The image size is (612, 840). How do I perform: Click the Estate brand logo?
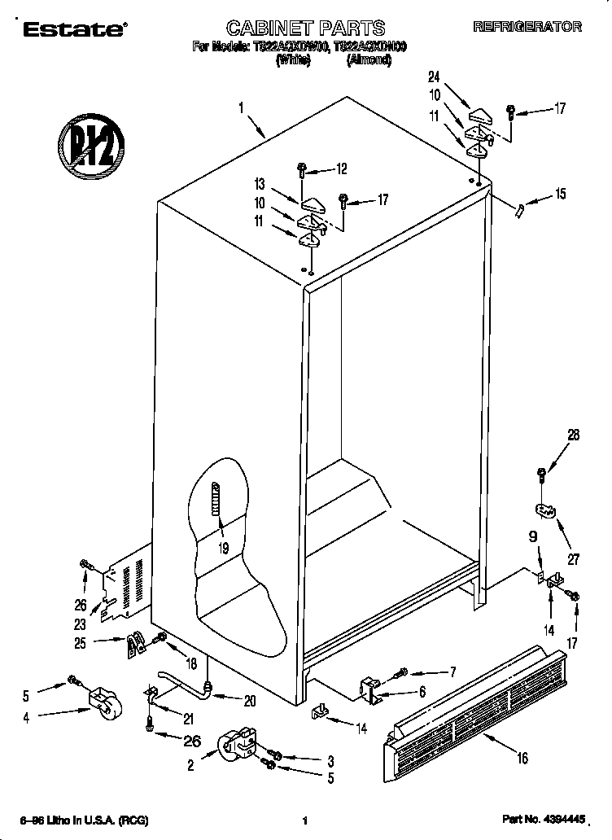pyautogui.click(x=72, y=30)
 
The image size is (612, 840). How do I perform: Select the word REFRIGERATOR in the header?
pyautogui.click(x=527, y=27)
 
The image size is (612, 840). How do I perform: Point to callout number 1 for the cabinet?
pyautogui.click(x=241, y=106)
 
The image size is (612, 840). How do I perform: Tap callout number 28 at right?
pyautogui.click(x=573, y=435)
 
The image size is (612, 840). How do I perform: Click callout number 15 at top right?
pyautogui.click(x=560, y=194)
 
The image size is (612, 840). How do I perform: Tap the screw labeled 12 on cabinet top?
pyautogui.click(x=302, y=171)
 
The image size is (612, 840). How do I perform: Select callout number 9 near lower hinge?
pyautogui.click(x=533, y=537)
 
